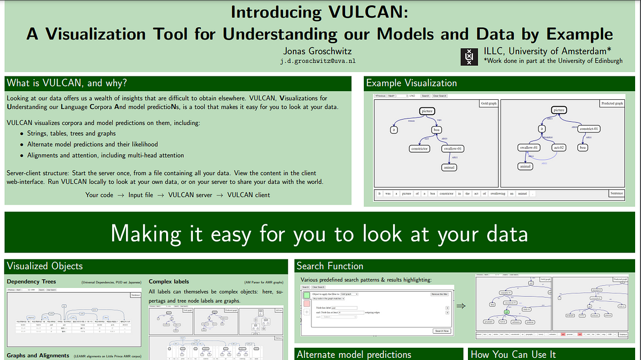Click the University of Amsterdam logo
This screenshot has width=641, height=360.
coord(470,56)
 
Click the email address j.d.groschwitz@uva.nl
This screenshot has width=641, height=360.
coord(314,61)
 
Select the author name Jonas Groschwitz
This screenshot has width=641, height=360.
coord(314,51)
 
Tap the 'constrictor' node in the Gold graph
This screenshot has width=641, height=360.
coord(419,149)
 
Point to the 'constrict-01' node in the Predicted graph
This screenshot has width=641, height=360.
coord(589,129)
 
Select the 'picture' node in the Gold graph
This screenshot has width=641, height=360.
coord(426,111)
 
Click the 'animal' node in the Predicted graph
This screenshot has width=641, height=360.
coord(526,166)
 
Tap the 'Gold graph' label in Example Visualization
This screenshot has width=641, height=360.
coord(488,103)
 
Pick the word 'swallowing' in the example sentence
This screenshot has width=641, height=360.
coord(497,194)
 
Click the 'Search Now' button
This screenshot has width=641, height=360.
coord(442,331)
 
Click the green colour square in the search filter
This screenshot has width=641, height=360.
coord(306,295)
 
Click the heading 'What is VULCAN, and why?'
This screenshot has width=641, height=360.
coord(67,83)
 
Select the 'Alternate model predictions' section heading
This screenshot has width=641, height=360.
coord(354,354)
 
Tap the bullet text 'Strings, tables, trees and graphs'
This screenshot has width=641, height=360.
coord(72,134)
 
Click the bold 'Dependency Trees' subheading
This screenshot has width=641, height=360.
coord(31,281)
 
